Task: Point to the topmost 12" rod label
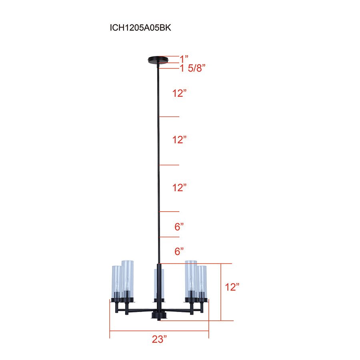(x=180, y=94)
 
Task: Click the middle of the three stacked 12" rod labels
(x=180, y=140)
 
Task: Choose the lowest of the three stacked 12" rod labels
(x=180, y=188)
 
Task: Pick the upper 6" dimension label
(x=179, y=227)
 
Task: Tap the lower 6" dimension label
(x=179, y=252)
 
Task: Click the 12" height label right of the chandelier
(x=232, y=287)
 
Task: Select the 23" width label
(x=159, y=340)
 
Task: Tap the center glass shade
(x=159, y=284)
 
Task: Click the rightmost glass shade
(x=202, y=282)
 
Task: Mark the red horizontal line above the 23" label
(x=159, y=331)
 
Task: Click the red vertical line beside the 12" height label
(x=221, y=292)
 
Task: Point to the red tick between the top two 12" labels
(x=170, y=117)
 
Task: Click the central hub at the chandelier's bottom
(x=159, y=316)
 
